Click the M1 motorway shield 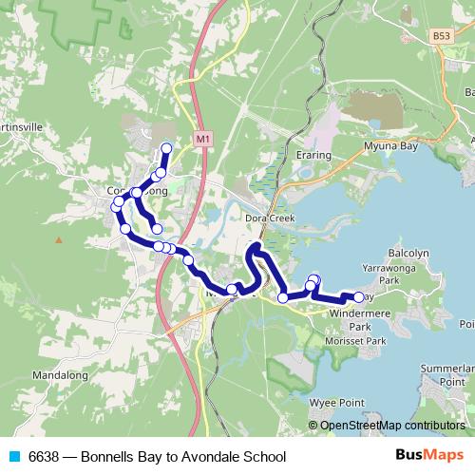[x=202, y=139]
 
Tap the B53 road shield [x=440, y=36]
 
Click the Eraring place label [x=313, y=155]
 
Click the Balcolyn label [x=410, y=255]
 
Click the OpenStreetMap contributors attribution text [x=391, y=427]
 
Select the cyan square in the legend [x=13, y=455]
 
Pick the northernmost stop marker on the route [x=167, y=147]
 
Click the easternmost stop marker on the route [x=358, y=297]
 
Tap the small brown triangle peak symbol [x=59, y=238]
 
